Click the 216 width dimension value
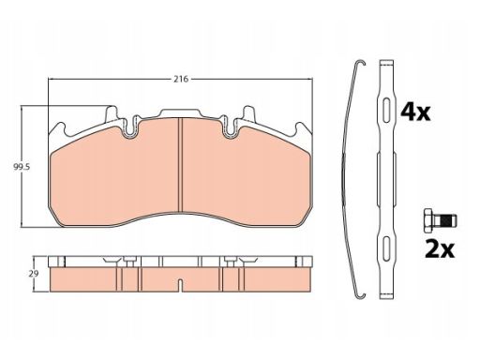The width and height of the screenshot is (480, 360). coord(181,79)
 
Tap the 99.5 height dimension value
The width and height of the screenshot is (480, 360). coord(22,167)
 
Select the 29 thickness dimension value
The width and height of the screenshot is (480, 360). coord(34,274)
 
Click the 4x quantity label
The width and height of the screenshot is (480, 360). coord(415,112)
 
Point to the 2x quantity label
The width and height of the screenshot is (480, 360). coord(440,248)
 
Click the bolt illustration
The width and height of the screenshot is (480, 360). coord(440,221)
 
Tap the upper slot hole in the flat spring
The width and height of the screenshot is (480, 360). coord(386,111)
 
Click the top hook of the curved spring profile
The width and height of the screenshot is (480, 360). coord(361,62)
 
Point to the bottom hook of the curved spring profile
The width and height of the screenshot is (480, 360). coord(361,295)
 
